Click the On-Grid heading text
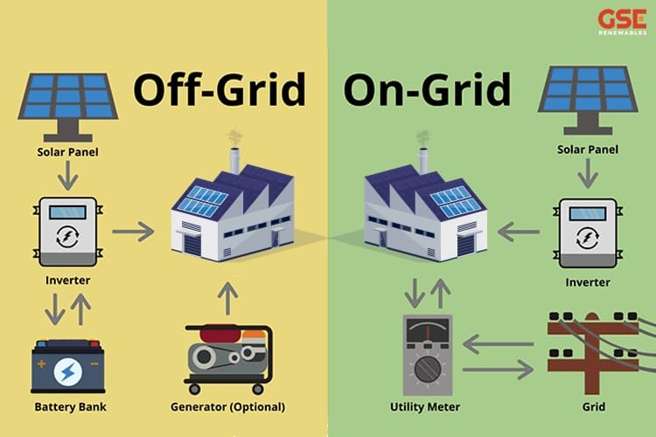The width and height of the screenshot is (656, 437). pyautogui.click(x=426, y=90)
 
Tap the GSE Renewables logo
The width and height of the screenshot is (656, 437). pyautogui.click(x=622, y=22)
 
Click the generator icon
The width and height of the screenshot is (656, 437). pyautogui.click(x=228, y=358)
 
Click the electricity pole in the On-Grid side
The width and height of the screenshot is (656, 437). pyautogui.click(x=588, y=350)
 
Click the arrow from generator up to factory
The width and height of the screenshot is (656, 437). pyautogui.click(x=228, y=298)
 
